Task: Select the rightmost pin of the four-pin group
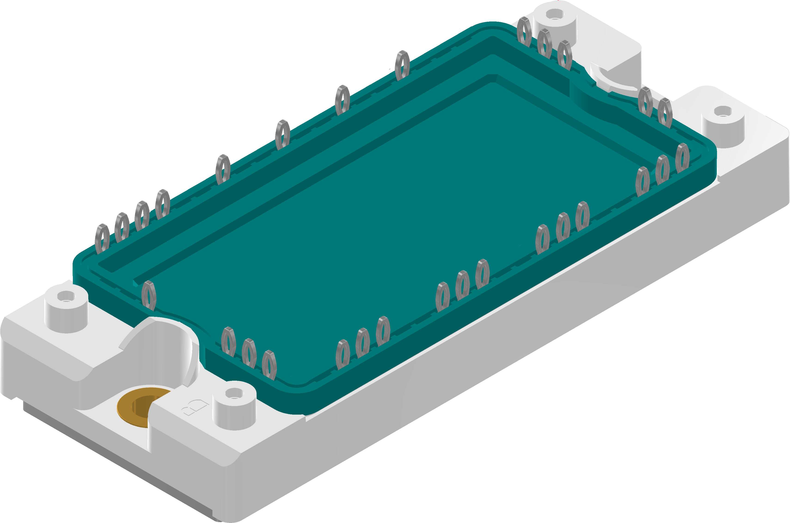pyautogui.click(x=162, y=204)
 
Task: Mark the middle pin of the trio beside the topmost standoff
pyautogui.click(x=544, y=43)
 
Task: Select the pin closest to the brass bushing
pyautogui.click(x=228, y=341)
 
